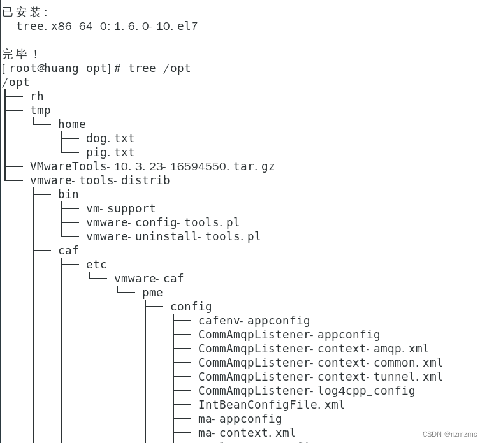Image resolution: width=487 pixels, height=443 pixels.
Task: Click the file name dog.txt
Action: [x=110, y=138]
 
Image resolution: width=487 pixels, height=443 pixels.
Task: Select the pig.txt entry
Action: [x=110, y=152]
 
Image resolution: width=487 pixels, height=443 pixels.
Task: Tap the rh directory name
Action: [x=37, y=96]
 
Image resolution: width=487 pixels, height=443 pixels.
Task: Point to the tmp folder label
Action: [x=40, y=110]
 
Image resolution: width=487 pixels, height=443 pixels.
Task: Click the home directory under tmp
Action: [x=71, y=124]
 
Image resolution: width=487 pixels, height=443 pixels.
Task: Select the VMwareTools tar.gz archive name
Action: [x=152, y=166]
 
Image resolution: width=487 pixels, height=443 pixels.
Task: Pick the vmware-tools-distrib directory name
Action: [x=100, y=180]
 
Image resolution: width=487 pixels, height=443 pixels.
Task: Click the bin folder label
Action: [x=68, y=194]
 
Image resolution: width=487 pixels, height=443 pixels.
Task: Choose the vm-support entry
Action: [x=121, y=208]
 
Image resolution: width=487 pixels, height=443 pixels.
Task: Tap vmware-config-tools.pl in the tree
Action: [x=163, y=222]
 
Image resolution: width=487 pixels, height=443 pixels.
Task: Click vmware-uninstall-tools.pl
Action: [x=173, y=236]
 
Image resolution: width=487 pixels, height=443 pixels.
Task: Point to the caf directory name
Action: [x=68, y=251]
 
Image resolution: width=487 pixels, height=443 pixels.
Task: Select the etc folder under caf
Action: [x=96, y=265]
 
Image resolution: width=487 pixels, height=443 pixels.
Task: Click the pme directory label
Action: [x=152, y=293]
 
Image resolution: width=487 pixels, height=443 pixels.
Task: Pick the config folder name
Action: [x=191, y=307]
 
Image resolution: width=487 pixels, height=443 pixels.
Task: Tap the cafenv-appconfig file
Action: [x=254, y=321]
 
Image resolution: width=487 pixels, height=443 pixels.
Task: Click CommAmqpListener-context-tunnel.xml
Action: [x=320, y=377]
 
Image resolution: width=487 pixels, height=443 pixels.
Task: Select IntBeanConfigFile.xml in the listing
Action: [x=272, y=405]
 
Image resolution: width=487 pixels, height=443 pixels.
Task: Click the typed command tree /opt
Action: [x=159, y=68]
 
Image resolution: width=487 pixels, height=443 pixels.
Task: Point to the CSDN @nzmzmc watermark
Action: [x=449, y=434]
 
